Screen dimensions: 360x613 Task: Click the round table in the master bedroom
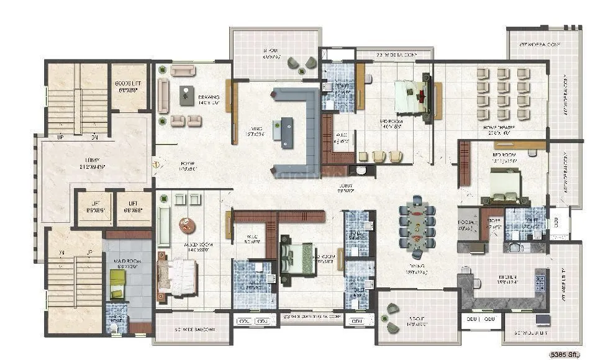[x=186, y=225]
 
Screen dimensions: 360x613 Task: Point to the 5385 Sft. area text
[x=565, y=355]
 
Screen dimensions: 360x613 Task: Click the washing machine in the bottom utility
[x=543, y=320]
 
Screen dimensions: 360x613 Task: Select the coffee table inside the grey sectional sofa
[x=287, y=132]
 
